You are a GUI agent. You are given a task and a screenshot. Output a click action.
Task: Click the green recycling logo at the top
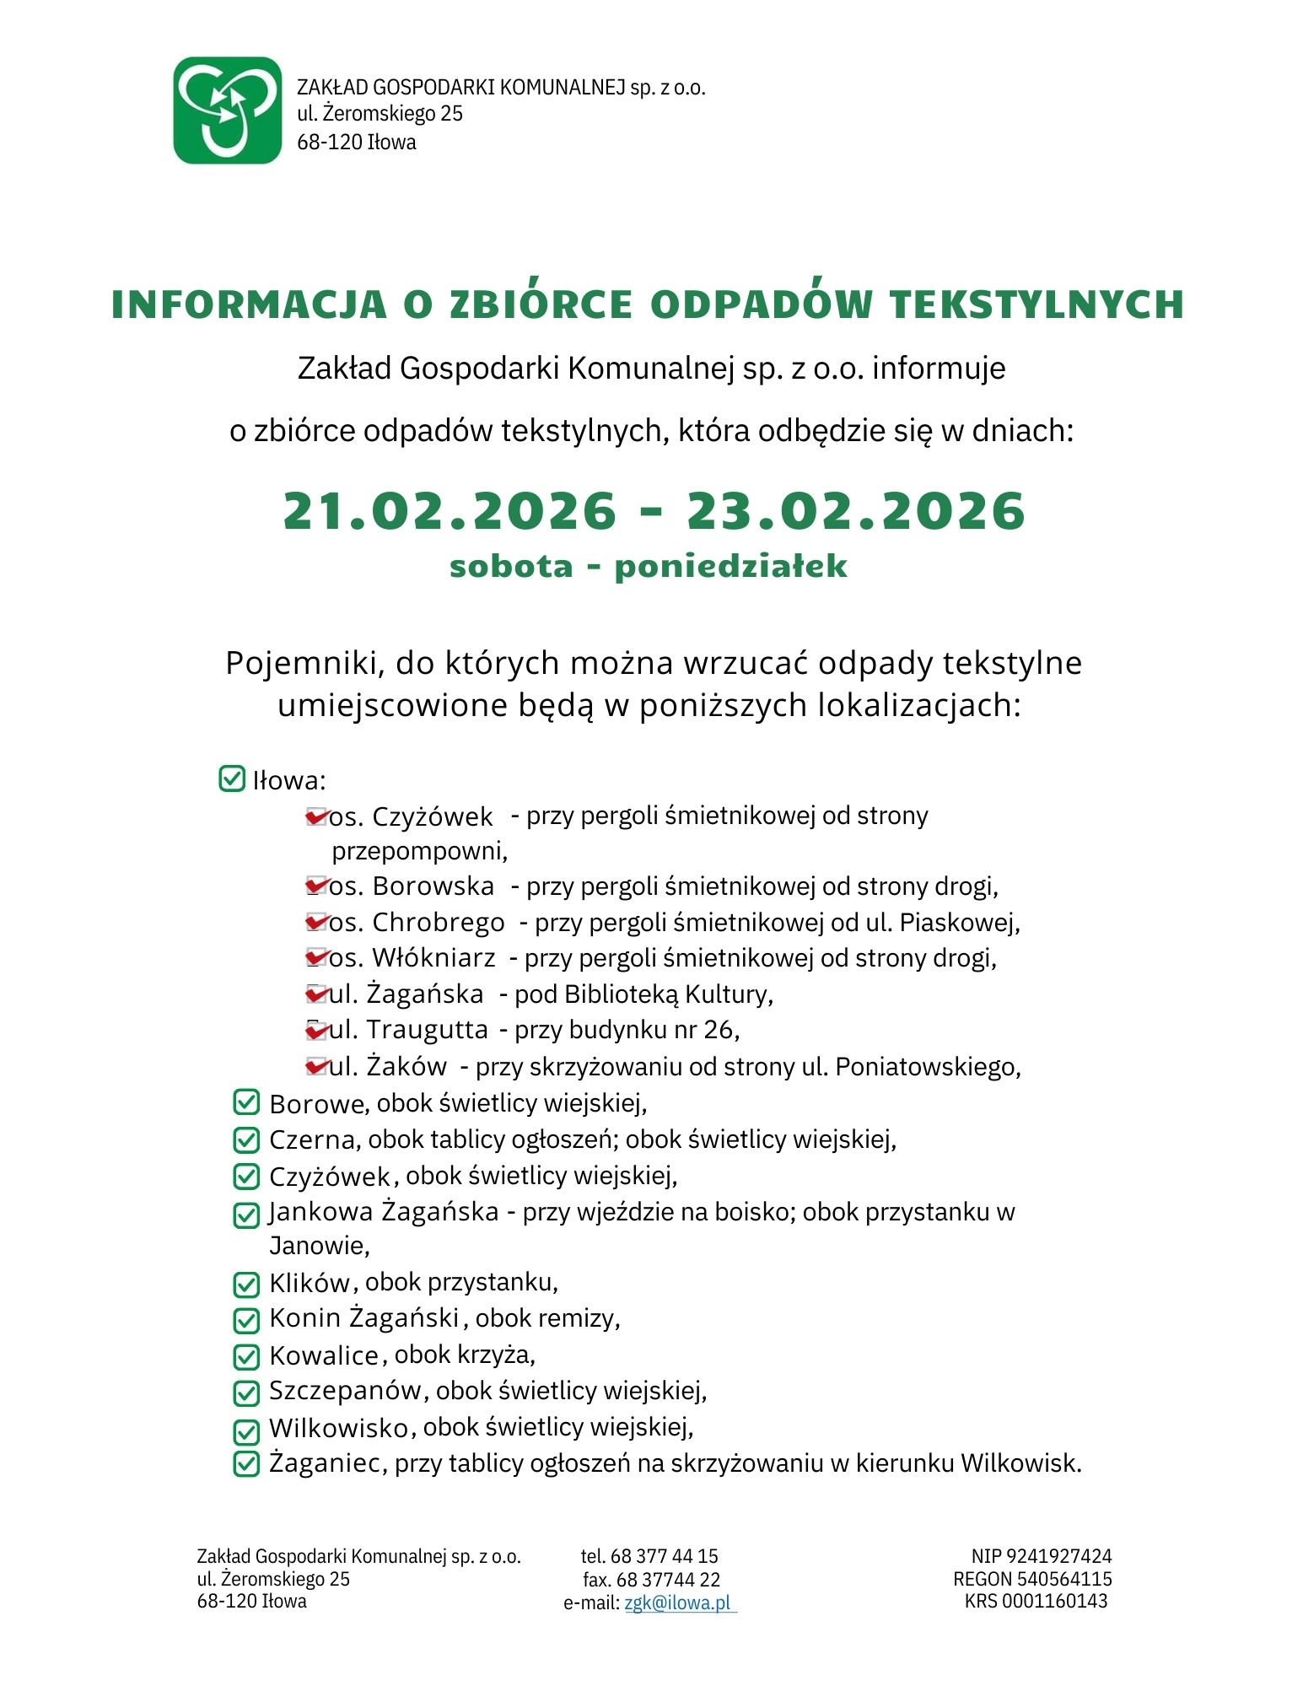coord(227,110)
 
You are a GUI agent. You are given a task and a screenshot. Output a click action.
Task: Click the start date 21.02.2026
coord(450,511)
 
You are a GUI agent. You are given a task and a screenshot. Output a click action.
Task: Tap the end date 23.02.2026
coord(856,511)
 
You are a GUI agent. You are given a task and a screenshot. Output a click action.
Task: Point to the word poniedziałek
coord(730,566)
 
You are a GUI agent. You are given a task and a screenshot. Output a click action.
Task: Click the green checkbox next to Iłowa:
coord(231,778)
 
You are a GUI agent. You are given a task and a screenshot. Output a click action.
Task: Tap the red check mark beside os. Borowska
coord(316,886)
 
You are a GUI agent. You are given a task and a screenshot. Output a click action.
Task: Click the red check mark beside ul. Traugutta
coord(316,1030)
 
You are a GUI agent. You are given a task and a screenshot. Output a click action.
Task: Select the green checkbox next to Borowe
coord(245,1102)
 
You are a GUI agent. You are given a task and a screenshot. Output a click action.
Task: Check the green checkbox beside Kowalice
coord(245,1356)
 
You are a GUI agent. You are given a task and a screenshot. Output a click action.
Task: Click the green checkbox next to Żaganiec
coord(245,1463)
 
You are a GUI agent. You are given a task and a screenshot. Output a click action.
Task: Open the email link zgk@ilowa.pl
coord(678,1603)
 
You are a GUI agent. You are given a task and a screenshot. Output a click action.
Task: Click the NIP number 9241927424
coord(1058,1556)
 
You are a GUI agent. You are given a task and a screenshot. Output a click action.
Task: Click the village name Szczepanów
coord(345,1391)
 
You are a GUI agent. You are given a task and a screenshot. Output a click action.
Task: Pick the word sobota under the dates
coord(511,566)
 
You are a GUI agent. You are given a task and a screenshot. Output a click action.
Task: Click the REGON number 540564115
coord(1064,1579)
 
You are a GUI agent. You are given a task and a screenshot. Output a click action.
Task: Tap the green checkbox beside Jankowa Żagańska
coord(245,1215)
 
